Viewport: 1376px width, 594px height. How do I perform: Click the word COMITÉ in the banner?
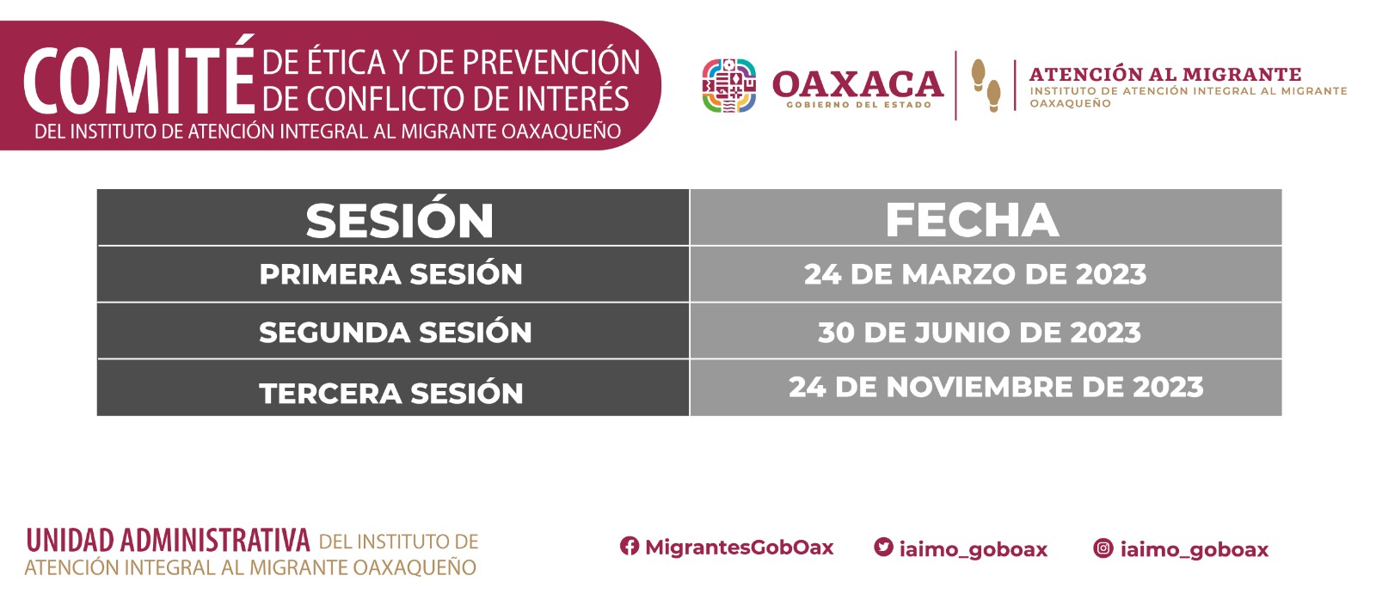(x=139, y=76)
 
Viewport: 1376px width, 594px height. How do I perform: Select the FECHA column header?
(x=972, y=219)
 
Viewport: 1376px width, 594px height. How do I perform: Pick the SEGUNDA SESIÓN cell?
(x=395, y=332)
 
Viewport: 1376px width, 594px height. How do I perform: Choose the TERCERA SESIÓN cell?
(x=391, y=392)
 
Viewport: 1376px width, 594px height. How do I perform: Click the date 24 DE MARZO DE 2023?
(x=975, y=274)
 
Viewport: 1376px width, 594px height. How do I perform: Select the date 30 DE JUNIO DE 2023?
(x=980, y=333)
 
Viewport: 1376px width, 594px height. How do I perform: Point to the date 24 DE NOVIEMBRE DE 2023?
(x=996, y=387)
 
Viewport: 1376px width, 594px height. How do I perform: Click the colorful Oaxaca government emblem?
(x=728, y=85)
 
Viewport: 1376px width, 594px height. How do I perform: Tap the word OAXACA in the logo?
(x=857, y=84)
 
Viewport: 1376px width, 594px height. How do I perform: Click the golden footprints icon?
(x=986, y=85)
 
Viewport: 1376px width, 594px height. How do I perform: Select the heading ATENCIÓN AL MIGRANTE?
(x=1165, y=74)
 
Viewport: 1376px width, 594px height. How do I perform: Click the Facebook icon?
(x=629, y=546)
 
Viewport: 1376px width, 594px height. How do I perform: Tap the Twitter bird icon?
(x=883, y=547)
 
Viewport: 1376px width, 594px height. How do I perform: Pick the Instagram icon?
(x=1103, y=548)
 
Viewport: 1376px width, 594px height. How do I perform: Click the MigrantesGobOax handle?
(x=739, y=547)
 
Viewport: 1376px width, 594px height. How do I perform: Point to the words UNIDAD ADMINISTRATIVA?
(x=168, y=541)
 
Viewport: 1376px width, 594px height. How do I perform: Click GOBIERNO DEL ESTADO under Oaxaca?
(x=859, y=105)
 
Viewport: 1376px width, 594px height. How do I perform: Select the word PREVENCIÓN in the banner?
(x=551, y=62)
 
